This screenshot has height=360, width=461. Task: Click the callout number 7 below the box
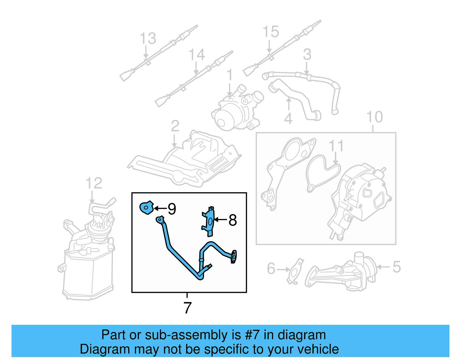187,308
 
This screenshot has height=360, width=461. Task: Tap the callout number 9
172,209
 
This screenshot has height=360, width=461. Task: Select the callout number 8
233,220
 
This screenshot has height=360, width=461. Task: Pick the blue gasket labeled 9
146,208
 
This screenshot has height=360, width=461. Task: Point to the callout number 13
148,39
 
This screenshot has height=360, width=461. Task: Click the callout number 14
197,54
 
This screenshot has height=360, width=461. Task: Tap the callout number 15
271,32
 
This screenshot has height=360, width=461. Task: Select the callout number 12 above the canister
94,183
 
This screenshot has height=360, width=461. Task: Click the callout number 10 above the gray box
374,117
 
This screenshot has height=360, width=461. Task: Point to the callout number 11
336,146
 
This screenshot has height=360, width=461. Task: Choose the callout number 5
397,267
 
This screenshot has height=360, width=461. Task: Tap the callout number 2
175,126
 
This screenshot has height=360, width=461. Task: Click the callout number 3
307,54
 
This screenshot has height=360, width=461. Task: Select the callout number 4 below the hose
288,118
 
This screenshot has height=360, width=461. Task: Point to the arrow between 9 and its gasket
160,208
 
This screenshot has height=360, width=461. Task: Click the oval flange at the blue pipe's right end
234,257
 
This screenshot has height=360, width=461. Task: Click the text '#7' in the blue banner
252,335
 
